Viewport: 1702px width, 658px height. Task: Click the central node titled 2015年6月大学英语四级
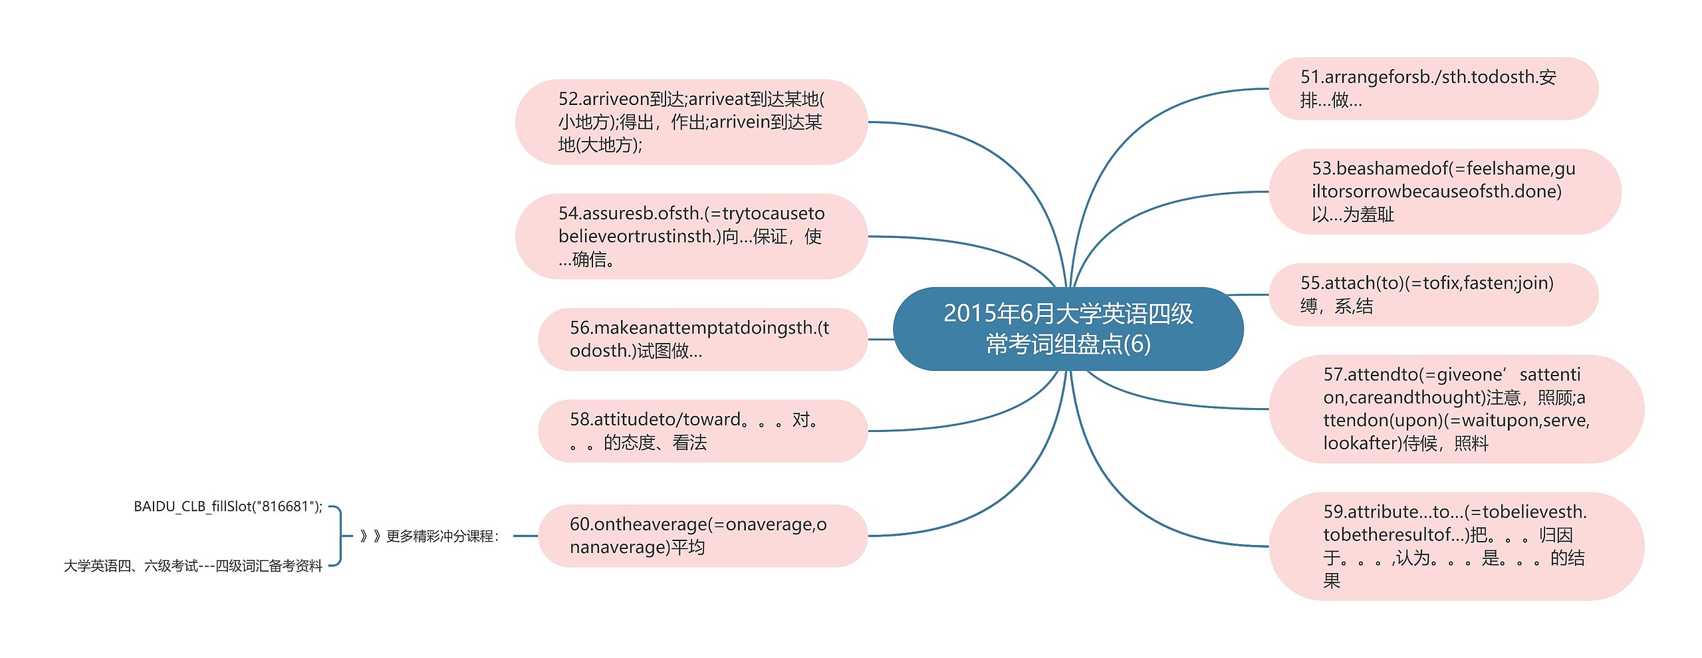[1068, 329]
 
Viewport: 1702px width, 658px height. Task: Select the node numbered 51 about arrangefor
[1433, 88]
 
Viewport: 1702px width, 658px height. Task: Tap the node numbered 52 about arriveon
[691, 122]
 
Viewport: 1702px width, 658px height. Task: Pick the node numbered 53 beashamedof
[1444, 191]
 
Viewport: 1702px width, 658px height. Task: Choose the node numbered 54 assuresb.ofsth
[691, 236]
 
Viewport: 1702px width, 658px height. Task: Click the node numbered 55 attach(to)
[1433, 294]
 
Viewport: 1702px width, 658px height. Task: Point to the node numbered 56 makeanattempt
[702, 339]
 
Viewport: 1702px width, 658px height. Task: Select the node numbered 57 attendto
[1456, 409]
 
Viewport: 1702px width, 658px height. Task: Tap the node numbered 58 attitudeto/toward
[702, 431]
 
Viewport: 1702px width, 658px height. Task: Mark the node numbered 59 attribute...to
[1456, 546]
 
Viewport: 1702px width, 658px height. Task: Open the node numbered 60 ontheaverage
[702, 536]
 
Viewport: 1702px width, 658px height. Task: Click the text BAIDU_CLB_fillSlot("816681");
[228, 506]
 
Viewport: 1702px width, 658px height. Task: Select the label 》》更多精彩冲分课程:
[429, 536]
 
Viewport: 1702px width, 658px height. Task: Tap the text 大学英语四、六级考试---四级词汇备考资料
[193, 566]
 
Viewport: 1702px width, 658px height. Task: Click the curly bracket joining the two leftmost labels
[340, 536]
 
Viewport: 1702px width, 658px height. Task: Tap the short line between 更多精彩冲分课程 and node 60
[525, 536]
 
